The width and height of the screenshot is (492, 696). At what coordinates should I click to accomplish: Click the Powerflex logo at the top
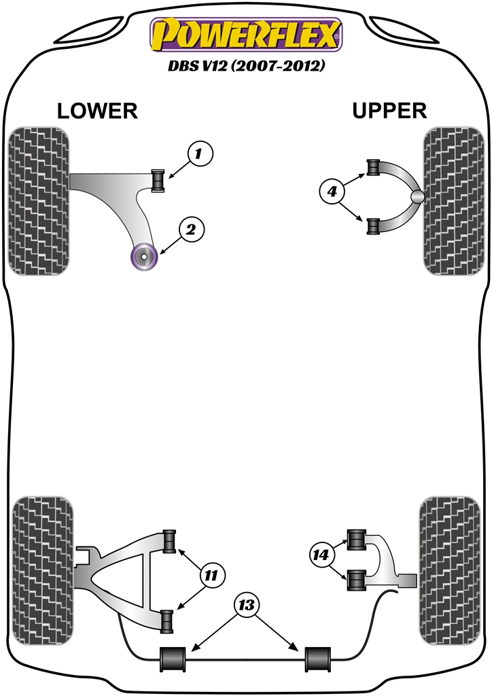coord(246,35)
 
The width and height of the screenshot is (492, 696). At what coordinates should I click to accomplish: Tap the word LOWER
coord(97,111)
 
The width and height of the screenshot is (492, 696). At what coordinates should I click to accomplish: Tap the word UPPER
coord(389,110)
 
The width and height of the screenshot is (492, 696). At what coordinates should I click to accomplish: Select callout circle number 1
coord(198,154)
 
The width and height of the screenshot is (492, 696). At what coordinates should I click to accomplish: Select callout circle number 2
coord(191,230)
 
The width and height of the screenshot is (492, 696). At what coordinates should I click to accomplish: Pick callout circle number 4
coord(332,193)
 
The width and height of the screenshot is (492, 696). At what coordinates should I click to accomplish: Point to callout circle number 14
coord(320,555)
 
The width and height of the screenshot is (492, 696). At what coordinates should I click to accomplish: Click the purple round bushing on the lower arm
coord(143,256)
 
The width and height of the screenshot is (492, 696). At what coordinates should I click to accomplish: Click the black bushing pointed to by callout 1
coord(158,180)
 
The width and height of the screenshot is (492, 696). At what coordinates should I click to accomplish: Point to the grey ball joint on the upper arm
coord(418,196)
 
